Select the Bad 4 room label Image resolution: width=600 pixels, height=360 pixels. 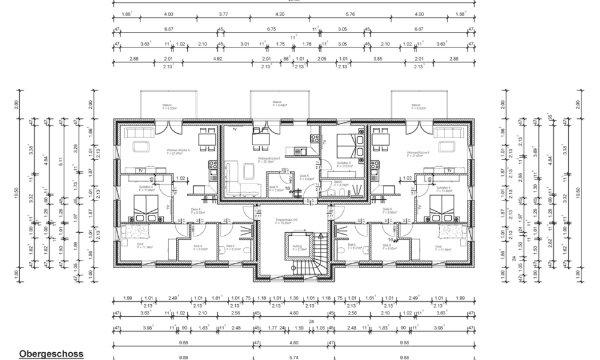[x=230, y=246]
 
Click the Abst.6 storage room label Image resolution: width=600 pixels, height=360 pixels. [x=385, y=246]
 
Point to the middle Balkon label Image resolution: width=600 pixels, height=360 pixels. [x=277, y=103]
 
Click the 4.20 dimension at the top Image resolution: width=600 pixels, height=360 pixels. [x=280, y=13]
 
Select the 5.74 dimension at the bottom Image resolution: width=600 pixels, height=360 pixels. [x=292, y=357]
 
